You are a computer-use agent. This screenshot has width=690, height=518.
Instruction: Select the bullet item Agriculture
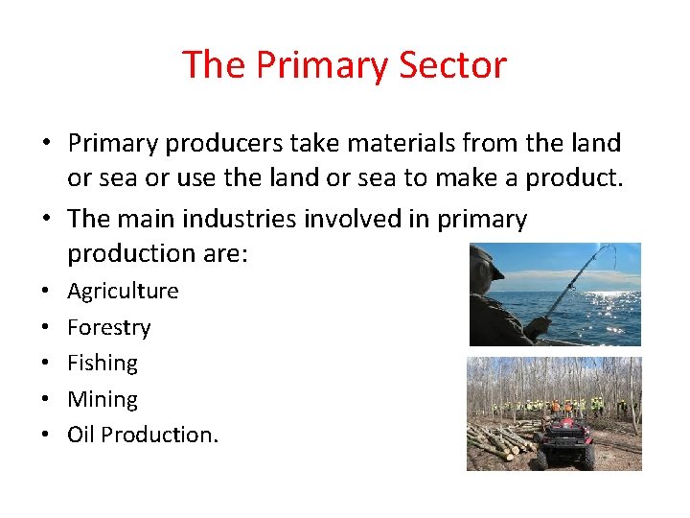pyautogui.click(x=123, y=291)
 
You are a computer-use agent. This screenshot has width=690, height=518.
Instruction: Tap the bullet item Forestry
pyautogui.click(x=108, y=327)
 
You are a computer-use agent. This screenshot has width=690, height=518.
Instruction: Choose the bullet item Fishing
pyautogui.click(x=103, y=363)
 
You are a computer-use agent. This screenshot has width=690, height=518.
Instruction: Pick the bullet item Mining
pyautogui.click(x=103, y=399)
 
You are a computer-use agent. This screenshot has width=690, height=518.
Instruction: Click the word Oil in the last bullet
pyautogui.click(x=80, y=435)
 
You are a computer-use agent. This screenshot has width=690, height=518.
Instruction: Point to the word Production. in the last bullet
pyautogui.click(x=159, y=435)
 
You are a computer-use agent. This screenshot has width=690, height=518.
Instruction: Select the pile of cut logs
pyautogui.click(x=500, y=439)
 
